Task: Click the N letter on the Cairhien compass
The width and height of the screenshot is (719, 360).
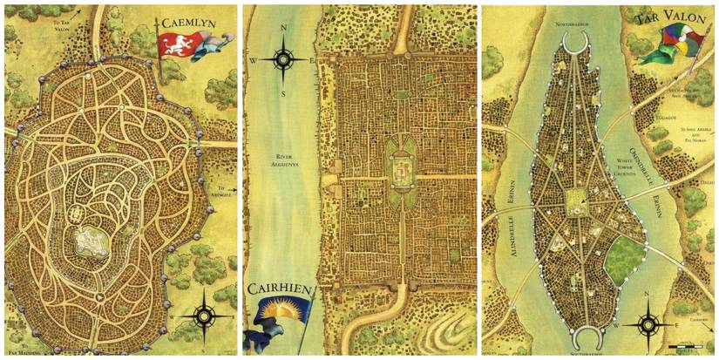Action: click(x=284, y=29)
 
